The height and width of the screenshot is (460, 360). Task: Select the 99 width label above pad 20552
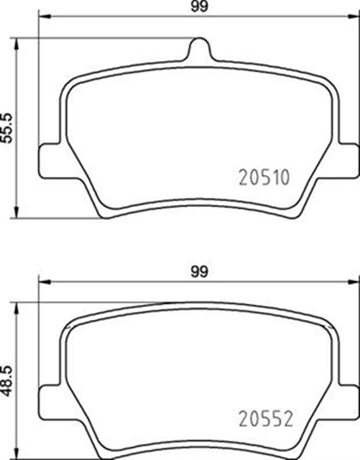tap(199, 271)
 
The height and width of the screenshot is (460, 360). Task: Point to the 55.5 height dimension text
tap(9, 128)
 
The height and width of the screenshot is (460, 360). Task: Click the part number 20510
tap(262, 176)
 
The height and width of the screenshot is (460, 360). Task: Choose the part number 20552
tap(262, 419)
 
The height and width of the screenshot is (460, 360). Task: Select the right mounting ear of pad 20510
tap(346, 155)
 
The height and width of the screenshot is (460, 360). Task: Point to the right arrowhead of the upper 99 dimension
tap(354, 17)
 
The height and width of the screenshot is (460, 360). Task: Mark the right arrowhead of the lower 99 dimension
tap(354, 282)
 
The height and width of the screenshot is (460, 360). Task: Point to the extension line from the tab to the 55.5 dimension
tap(108, 38)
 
